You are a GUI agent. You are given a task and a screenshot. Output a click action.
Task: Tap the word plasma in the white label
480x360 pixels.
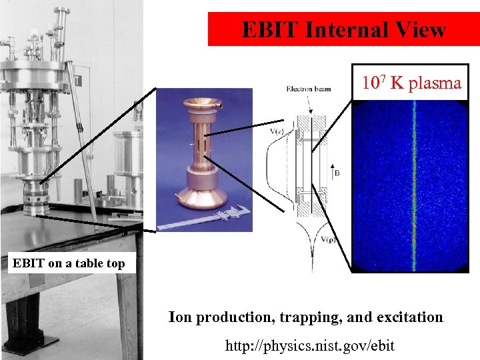pos(435,83)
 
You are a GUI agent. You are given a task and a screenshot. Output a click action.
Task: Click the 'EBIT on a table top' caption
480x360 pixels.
pos(69,263)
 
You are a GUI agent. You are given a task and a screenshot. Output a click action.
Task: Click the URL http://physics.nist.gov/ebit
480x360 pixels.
pos(310,345)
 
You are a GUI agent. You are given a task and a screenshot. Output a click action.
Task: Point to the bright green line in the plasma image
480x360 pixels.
pos(414,187)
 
